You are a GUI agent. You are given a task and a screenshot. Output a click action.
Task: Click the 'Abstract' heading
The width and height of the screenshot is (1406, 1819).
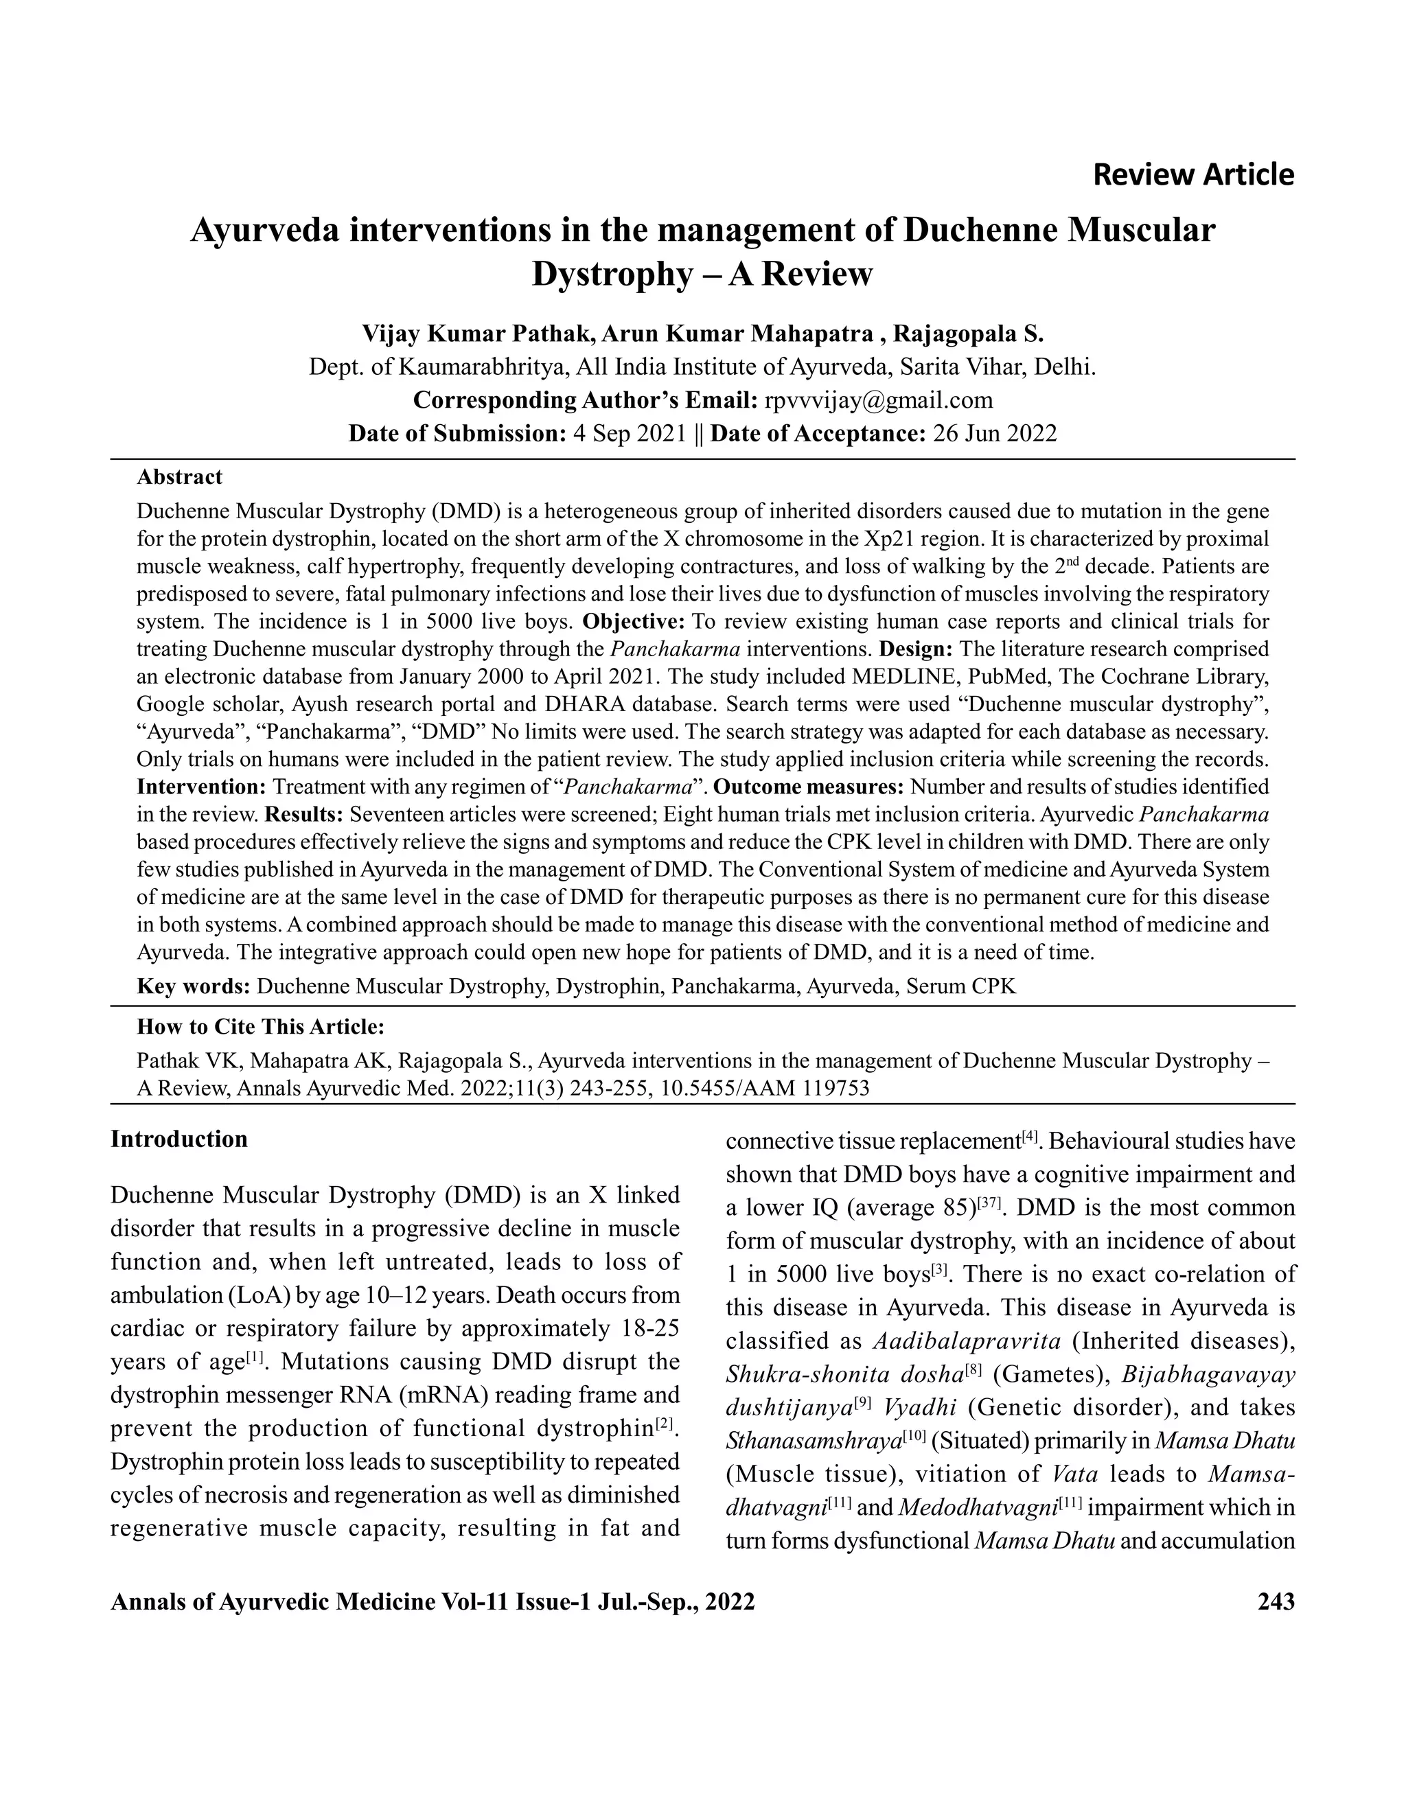[x=179, y=477]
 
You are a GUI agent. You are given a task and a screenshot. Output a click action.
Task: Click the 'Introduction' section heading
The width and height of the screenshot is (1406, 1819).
[x=179, y=1139]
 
